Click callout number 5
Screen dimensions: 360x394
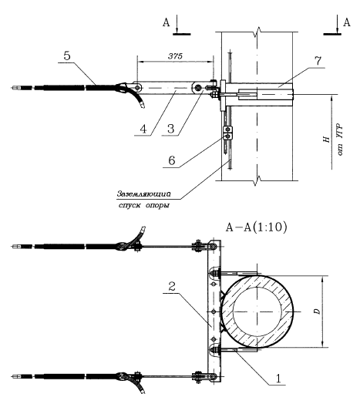pyautogui.click(x=67, y=56)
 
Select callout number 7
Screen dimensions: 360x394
pyautogui.click(x=318, y=61)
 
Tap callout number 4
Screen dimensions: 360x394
pyautogui.click(x=143, y=129)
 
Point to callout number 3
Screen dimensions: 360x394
pyautogui.click(x=171, y=129)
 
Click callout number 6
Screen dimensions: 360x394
pyautogui.click(x=172, y=160)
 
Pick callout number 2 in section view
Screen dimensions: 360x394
pyautogui.click(x=172, y=286)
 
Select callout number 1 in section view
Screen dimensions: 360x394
pyautogui.click(x=278, y=379)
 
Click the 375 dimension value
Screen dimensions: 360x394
pyautogui.click(x=175, y=56)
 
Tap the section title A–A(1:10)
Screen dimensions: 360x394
pyautogui.click(x=256, y=227)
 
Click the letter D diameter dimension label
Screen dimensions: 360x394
pyautogui.click(x=318, y=311)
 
